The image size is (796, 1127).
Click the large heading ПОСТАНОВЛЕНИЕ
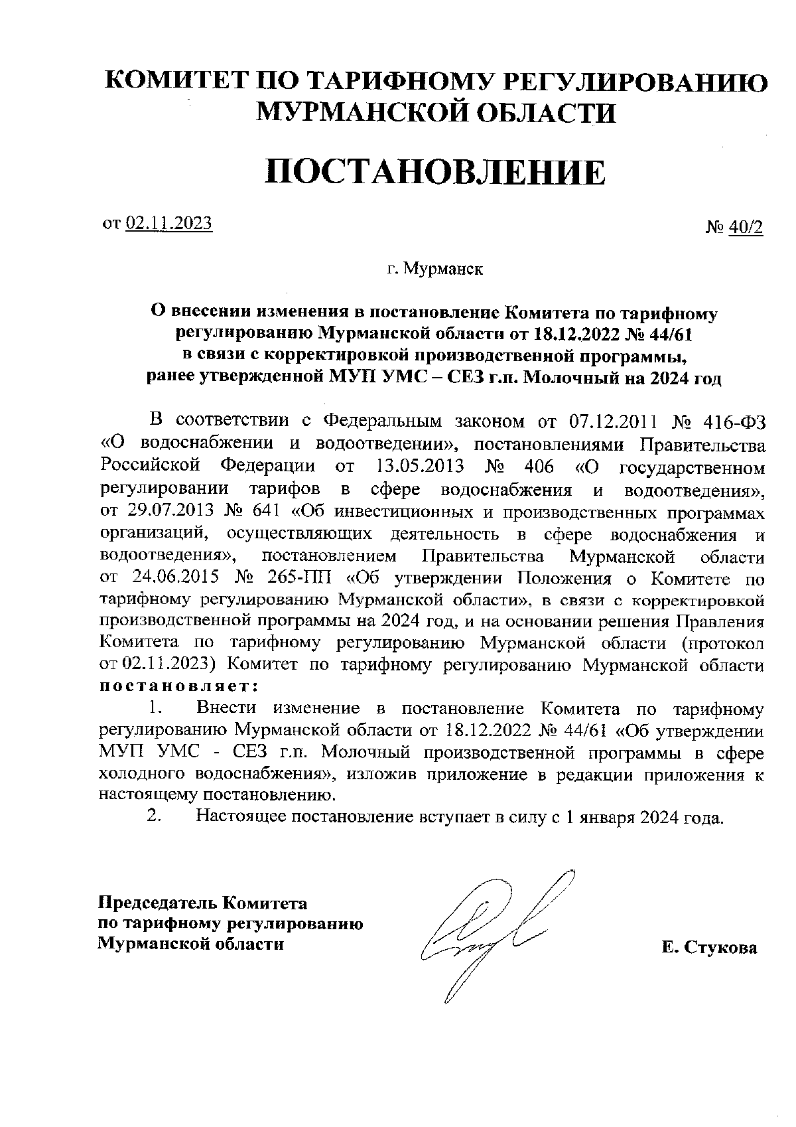(435, 173)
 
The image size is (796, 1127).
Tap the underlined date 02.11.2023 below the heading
(168, 223)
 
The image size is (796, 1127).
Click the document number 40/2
(746, 228)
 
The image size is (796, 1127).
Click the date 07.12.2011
(612, 421)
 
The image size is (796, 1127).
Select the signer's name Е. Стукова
(708, 948)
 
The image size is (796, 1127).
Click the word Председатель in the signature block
(157, 903)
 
